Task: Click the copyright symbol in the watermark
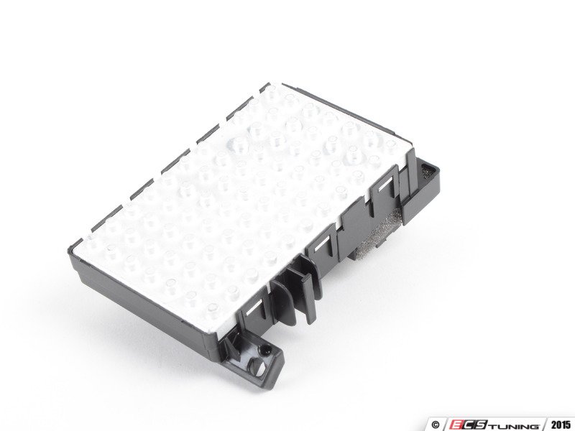pyautogui.click(x=436, y=425)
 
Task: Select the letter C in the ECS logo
pyautogui.click(x=471, y=425)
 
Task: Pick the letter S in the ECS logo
pyautogui.click(x=483, y=425)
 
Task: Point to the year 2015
pyautogui.click(x=561, y=425)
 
